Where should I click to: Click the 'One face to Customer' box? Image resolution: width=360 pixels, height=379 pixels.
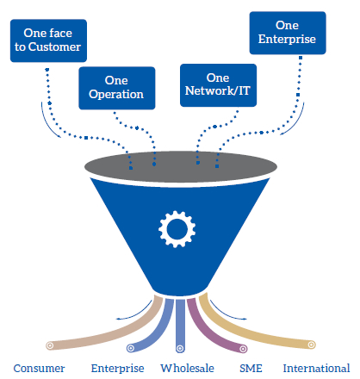tap(48, 40)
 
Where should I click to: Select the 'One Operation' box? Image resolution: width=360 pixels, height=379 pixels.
tap(117, 88)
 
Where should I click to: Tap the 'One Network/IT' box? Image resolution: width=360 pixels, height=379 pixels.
tap(218, 85)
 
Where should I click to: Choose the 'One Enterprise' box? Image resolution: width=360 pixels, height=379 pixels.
tap(288, 33)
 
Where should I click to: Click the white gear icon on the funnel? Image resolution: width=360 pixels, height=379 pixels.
tap(177, 229)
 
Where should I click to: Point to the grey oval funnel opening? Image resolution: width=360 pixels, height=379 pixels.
tap(181, 167)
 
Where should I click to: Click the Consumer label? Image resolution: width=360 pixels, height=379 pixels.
tap(39, 368)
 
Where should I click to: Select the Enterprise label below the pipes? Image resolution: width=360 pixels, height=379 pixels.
tap(117, 368)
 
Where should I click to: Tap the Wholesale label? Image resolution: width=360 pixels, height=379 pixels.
tap(187, 368)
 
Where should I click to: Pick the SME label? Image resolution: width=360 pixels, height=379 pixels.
tap(251, 368)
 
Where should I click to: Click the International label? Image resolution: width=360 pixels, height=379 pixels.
tap(316, 368)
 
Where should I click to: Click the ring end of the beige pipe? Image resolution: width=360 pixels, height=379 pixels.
tap(50, 345)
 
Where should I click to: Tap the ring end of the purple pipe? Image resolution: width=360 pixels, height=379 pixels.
tap(243, 349)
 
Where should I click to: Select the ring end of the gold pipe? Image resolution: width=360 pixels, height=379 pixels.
tap(312, 345)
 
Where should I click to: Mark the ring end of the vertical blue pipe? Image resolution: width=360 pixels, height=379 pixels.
tap(180, 349)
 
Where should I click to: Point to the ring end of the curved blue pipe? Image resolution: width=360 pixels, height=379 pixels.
tap(131, 348)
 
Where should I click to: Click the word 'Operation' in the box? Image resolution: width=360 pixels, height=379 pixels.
tap(116, 95)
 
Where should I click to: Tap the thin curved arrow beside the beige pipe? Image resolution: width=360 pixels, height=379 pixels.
tap(136, 313)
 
